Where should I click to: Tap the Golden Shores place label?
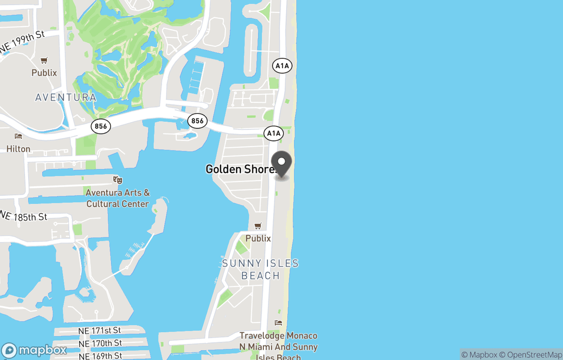[x=240, y=169]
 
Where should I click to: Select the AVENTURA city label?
[x=66, y=98]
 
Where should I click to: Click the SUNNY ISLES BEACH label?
[x=260, y=269]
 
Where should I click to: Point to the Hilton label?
[x=18, y=149]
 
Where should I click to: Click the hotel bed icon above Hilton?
[x=19, y=137]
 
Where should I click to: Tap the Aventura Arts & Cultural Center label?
[x=118, y=198]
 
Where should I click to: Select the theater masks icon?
[x=118, y=180]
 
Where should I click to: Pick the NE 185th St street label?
[x=24, y=216]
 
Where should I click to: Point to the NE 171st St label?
[x=99, y=330]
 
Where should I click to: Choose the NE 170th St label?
[x=100, y=343]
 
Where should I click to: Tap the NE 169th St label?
[x=100, y=355]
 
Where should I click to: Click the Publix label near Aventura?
[x=44, y=73]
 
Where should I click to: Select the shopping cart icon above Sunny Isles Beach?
[x=258, y=226]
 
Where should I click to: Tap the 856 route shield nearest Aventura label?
[x=101, y=126]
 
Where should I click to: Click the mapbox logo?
[x=34, y=350]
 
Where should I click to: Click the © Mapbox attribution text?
[x=480, y=355]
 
